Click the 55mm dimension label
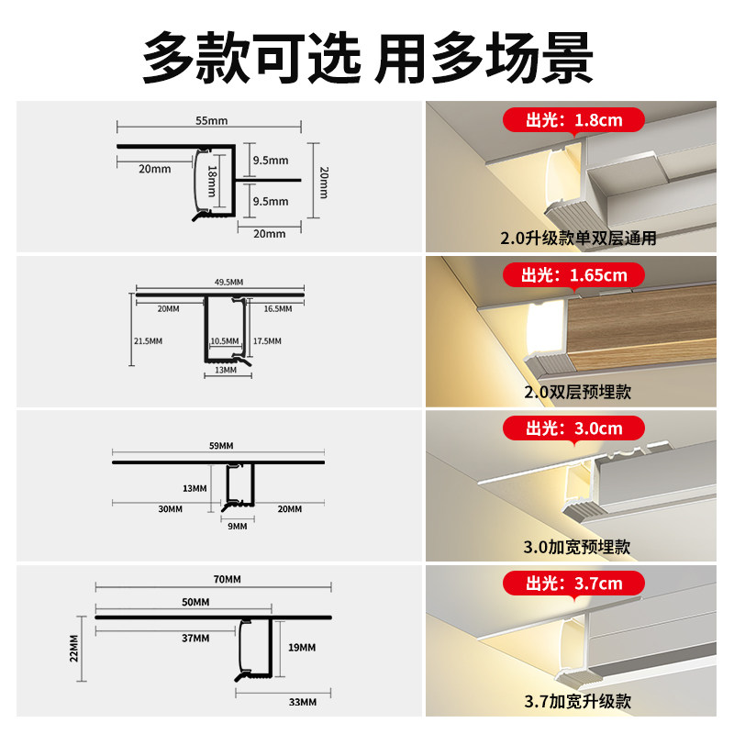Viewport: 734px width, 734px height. click(212, 121)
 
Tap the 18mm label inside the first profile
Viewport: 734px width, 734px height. click(211, 183)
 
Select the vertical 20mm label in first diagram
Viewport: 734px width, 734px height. click(323, 181)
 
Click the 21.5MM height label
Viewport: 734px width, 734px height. click(147, 340)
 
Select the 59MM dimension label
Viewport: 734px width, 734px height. click(220, 445)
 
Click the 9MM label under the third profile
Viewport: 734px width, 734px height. click(238, 526)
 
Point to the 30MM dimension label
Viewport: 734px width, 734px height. click(169, 508)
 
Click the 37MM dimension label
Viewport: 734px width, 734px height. click(195, 638)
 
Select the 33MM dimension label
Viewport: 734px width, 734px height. click(302, 702)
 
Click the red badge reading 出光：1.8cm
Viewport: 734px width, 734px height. click(573, 120)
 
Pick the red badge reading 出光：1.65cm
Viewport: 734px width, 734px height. click(573, 274)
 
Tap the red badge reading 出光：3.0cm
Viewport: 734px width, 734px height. click(573, 428)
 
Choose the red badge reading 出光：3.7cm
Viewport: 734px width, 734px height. click(573, 584)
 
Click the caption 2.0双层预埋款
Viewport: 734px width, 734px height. click(577, 393)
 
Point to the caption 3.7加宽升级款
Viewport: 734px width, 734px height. click(577, 703)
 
